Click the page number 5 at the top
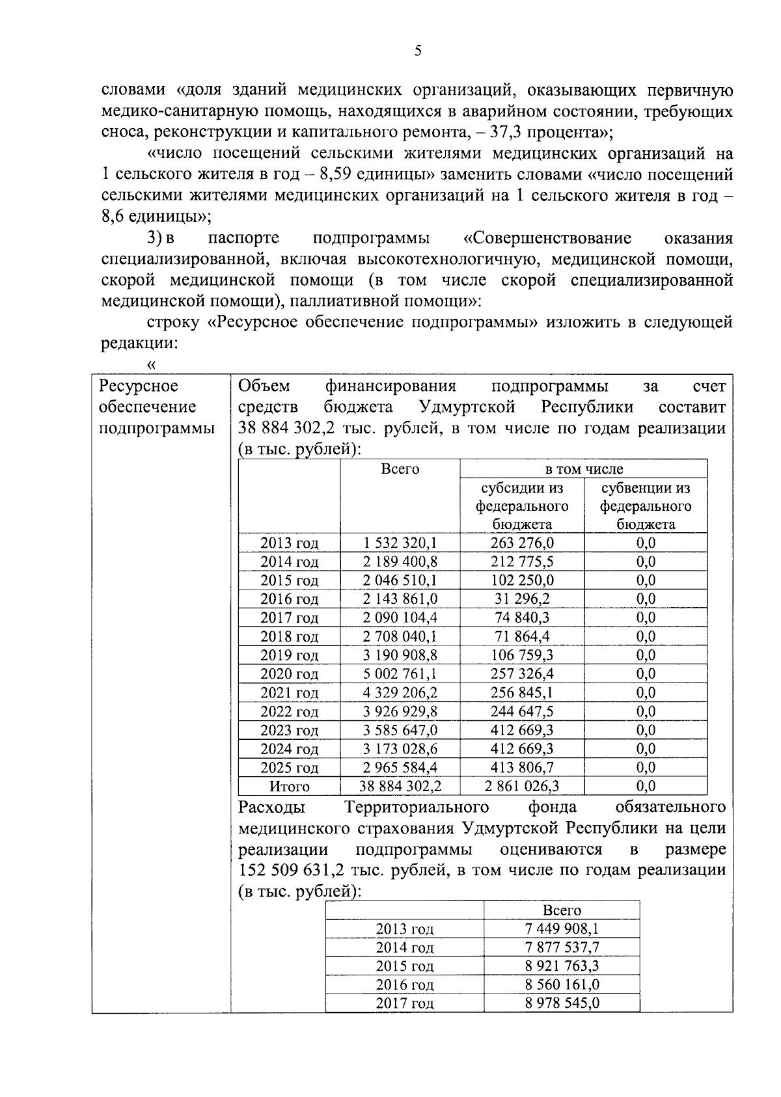[x=418, y=51]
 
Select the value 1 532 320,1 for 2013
[x=400, y=543]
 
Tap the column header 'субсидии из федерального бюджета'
[x=521, y=506]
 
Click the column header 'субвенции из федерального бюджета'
[x=646, y=506]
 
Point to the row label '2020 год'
[x=290, y=674]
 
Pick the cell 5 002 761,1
[x=400, y=674]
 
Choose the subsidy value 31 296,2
[x=521, y=599]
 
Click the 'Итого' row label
[x=290, y=787]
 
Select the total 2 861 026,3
[x=521, y=787]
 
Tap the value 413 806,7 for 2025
[x=521, y=768]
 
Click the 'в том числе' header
[x=583, y=469]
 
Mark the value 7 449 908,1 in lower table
[x=562, y=929]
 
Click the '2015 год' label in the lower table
[x=404, y=966]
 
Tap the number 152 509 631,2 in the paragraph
[x=291, y=871]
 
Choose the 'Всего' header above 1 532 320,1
[x=400, y=469]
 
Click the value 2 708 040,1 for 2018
[x=400, y=637]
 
